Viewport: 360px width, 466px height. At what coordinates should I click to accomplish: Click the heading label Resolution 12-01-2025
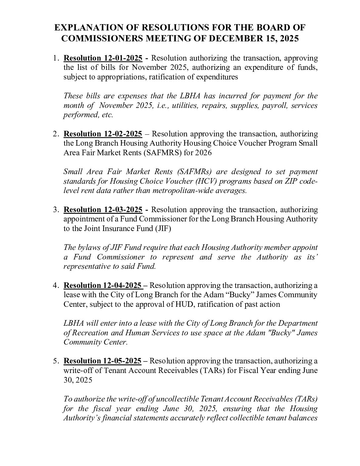pos(103,58)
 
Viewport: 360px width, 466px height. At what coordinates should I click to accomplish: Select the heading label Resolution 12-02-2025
pos(103,134)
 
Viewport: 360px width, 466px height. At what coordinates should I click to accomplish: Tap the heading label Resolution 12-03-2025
pos(103,210)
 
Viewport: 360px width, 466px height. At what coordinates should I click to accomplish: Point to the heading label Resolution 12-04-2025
pos(103,285)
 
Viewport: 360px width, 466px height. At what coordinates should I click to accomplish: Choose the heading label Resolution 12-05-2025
pos(103,361)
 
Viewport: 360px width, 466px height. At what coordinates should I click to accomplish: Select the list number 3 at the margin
pos(57,210)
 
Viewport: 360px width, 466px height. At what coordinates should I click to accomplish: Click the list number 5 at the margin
pos(57,361)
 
